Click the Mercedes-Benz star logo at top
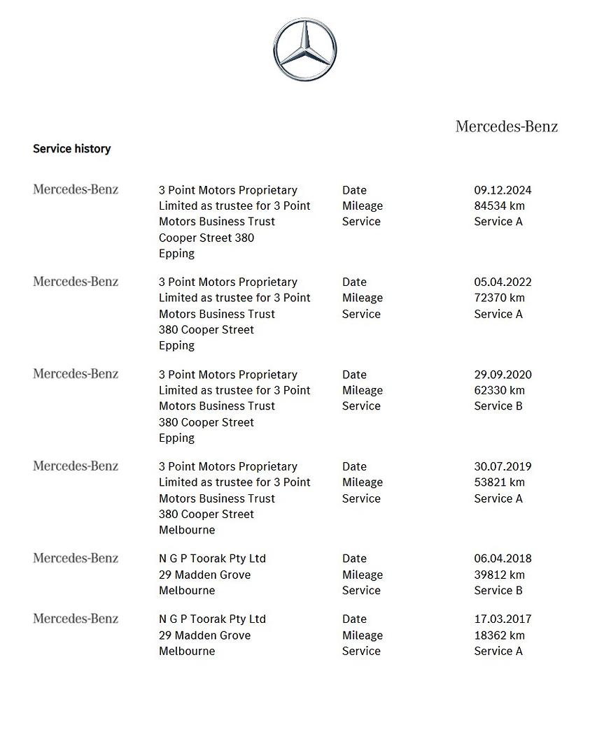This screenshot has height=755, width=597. pos(304,50)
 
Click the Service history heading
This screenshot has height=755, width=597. pos(71,149)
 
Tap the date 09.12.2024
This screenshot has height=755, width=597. pos(503,190)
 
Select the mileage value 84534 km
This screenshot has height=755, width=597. pos(499,206)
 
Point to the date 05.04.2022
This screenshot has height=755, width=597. pos(503,282)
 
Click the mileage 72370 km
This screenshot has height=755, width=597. pos(499,298)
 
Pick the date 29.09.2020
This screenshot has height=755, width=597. pos(503,375)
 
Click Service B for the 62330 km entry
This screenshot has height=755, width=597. pos(498,406)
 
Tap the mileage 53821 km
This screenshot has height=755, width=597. pos(499,482)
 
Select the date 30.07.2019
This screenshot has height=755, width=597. pos(503,467)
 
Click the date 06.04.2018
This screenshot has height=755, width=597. pos(503,559)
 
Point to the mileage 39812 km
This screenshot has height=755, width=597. pos(499,575)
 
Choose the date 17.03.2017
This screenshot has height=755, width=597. pos(503,619)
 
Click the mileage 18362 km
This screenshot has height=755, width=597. pos(499,635)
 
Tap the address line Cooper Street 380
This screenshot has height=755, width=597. pos(206,238)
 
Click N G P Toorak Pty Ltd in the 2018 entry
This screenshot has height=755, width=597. pos(212,559)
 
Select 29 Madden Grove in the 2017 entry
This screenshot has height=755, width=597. pos(204,635)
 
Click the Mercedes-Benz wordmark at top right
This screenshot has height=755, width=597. pos(507,127)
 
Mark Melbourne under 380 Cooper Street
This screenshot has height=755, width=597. pos(187,530)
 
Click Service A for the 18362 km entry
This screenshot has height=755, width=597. pos(498,651)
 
